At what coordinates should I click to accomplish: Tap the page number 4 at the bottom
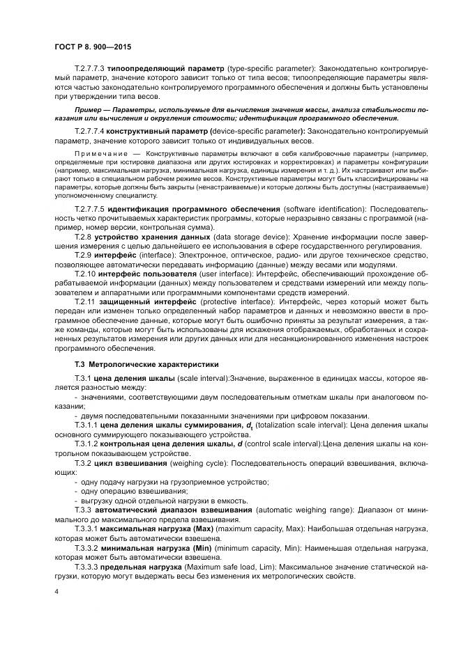click(56, 590)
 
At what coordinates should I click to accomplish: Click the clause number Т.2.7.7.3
click(89, 69)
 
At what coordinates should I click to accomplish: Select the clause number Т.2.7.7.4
click(89, 130)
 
